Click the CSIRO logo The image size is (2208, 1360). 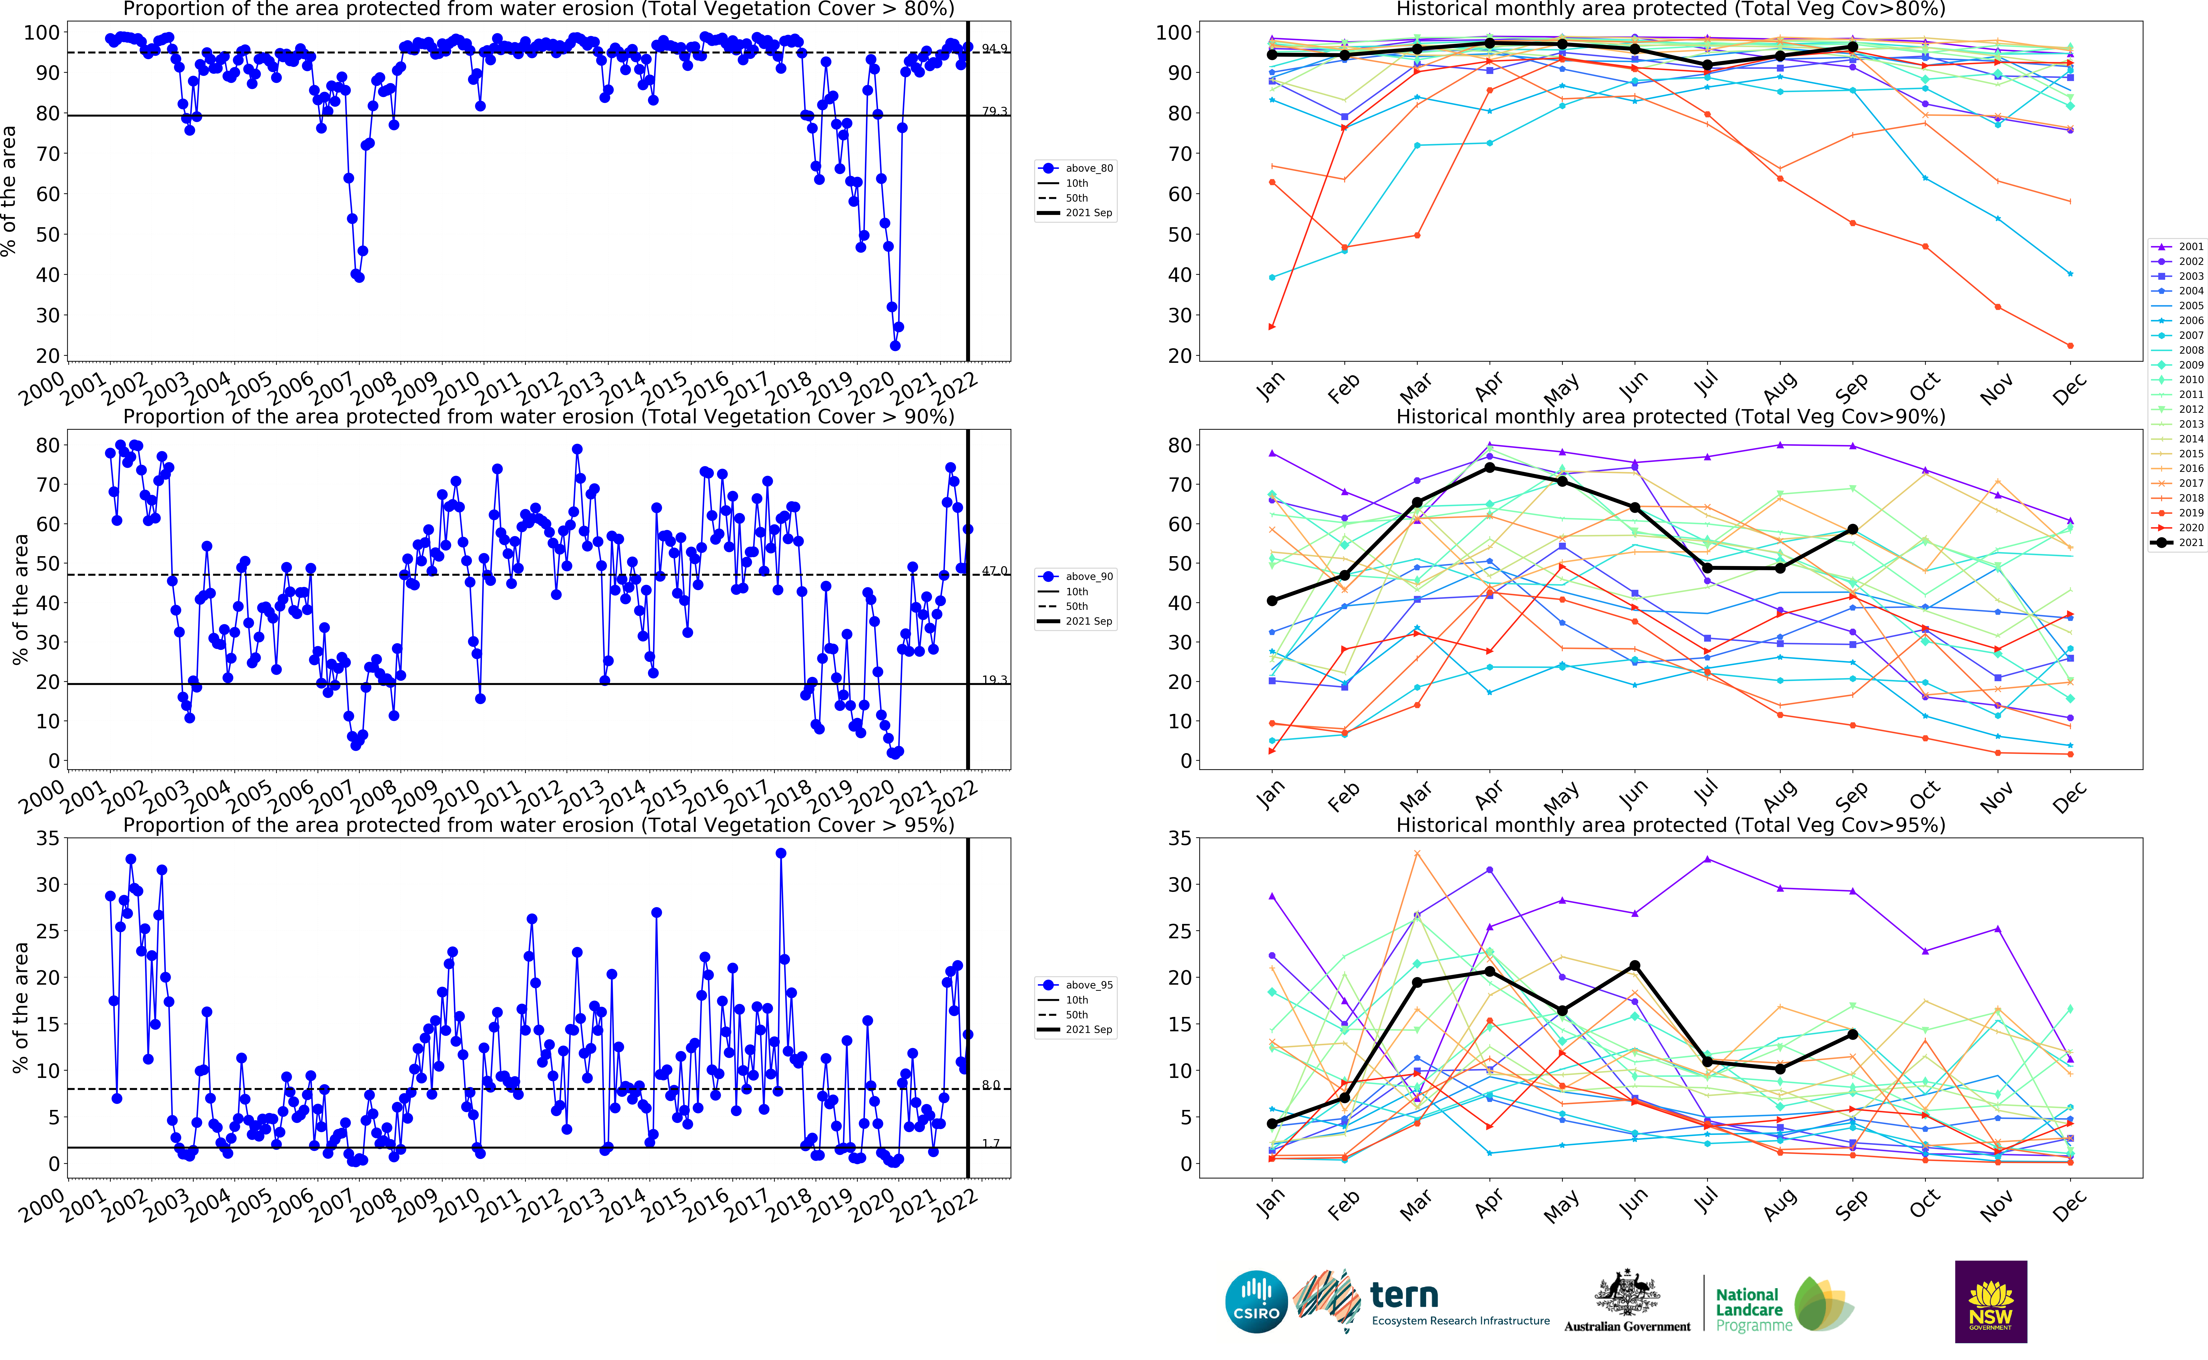coord(1256,1302)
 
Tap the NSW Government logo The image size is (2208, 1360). coord(1990,1302)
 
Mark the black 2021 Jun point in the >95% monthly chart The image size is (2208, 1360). coord(1635,966)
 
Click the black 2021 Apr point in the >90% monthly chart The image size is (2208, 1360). coord(1490,468)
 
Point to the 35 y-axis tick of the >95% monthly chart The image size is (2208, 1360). coord(1180,838)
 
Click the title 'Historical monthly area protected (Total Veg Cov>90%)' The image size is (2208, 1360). coord(1670,417)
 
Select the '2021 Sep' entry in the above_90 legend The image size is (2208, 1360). coord(1089,622)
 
